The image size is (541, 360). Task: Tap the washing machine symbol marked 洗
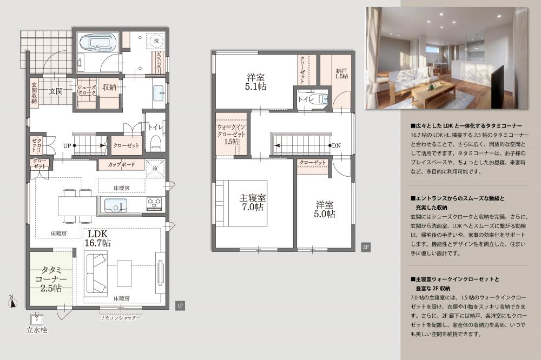point(156,41)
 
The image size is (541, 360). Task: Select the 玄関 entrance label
point(56,91)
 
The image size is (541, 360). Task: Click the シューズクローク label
point(87,90)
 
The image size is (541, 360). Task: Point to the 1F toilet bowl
point(156,142)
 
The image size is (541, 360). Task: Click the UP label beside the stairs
point(67,146)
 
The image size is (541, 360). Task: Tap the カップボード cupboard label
point(121,164)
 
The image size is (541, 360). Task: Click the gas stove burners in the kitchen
point(154,203)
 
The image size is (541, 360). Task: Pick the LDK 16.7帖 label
point(97,238)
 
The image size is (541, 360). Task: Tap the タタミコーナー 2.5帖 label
point(51,279)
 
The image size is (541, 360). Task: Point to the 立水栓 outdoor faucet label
point(37,330)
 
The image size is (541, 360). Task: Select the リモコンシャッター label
point(121,318)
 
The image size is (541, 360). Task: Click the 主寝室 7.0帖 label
point(253,202)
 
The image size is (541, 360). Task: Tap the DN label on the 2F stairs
point(336,145)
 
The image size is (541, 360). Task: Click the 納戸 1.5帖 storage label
point(341,74)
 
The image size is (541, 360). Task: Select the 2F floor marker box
point(366,247)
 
